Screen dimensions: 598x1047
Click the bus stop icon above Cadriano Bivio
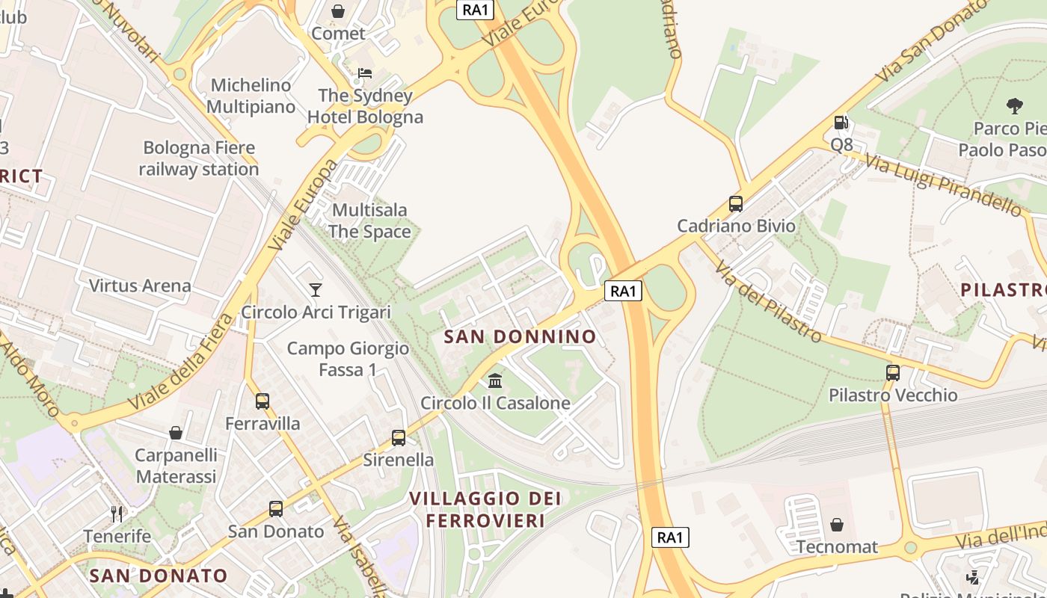click(x=735, y=203)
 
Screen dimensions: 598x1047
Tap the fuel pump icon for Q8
click(x=841, y=123)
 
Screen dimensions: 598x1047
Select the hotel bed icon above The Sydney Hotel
click(x=364, y=73)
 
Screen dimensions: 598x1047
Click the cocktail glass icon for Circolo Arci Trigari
click(x=316, y=289)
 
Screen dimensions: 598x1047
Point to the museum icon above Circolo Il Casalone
click(x=495, y=381)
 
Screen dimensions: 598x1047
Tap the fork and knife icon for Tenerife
click(x=117, y=514)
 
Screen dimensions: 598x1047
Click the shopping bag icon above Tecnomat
click(x=837, y=525)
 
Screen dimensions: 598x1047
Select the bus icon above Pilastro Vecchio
click(x=892, y=372)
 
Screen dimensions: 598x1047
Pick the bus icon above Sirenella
click(x=399, y=437)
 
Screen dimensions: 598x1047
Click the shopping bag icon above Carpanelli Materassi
click(x=176, y=433)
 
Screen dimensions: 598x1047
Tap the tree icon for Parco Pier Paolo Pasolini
click(x=1014, y=106)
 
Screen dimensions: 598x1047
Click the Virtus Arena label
click(x=140, y=286)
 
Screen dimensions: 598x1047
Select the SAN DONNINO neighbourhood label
click(x=521, y=336)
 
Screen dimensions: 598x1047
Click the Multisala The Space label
click(x=369, y=221)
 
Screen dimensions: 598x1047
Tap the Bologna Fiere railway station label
click(x=199, y=158)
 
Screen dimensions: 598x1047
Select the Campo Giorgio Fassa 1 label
click(x=348, y=359)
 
